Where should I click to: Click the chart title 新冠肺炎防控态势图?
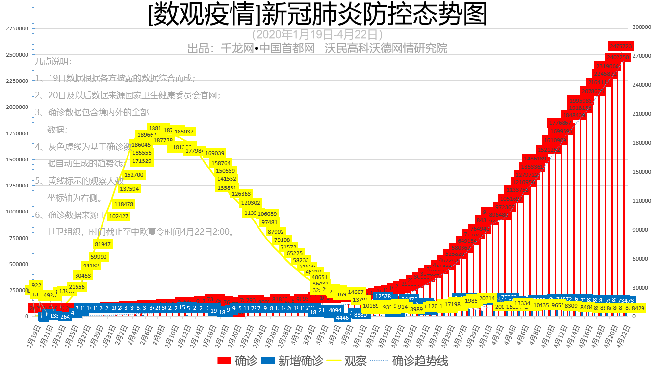click(x=318, y=15)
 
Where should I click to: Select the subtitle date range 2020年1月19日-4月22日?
click(x=317, y=35)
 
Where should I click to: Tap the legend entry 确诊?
click(x=237, y=361)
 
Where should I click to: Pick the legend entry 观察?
click(x=348, y=361)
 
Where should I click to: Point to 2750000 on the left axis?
click(x=17, y=28)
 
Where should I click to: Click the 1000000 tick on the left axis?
click(x=17, y=212)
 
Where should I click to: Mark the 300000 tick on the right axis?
click(x=642, y=27)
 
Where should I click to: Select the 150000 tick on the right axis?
click(x=642, y=172)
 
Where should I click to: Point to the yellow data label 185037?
click(x=184, y=132)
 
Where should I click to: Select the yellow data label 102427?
click(x=119, y=216)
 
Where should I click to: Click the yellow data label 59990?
click(x=99, y=256)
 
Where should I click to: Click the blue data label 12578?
click(x=383, y=296)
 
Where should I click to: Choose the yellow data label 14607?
click(x=356, y=292)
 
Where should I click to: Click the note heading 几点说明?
click(x=53, y=62)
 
